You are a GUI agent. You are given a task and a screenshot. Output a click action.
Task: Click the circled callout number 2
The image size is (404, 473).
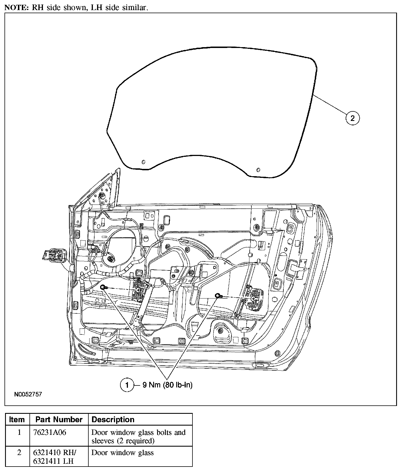click(352, 118)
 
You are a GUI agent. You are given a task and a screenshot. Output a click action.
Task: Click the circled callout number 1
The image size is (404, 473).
click(127, 385)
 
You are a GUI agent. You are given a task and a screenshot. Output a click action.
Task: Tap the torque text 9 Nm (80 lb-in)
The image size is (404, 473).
click(167, 385)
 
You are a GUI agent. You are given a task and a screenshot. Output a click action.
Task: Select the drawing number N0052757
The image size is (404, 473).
click(28, 394)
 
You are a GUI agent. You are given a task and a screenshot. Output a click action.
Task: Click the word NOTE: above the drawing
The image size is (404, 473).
click(16, 8)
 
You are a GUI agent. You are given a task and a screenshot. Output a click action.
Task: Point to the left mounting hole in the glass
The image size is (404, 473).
click(143, 162)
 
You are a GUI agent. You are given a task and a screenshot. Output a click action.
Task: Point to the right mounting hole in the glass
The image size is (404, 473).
click(258, 170)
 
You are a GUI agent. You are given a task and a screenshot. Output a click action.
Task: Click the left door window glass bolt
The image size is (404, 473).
click(103, 287)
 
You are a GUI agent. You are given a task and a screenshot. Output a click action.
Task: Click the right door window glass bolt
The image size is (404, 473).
click(217, 295)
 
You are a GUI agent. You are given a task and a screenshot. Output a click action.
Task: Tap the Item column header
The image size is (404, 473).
click(17, 420)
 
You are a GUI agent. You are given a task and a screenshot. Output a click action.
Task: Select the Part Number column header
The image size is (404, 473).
click(59, 420)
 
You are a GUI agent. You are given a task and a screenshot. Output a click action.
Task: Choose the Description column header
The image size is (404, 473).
click(113, 420)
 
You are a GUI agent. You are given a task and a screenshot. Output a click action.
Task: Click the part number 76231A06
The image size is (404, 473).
click(50, 433)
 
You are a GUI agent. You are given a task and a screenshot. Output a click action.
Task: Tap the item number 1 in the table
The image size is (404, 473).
click(19, 433)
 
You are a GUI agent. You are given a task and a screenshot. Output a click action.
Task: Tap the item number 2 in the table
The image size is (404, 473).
click(19, 453)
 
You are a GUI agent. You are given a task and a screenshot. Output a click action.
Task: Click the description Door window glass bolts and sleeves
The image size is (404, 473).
click(139, 437)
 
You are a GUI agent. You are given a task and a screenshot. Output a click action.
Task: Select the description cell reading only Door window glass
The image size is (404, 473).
click(123, 453)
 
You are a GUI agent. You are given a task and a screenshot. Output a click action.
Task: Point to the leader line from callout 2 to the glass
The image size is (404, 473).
click(331, 105)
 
